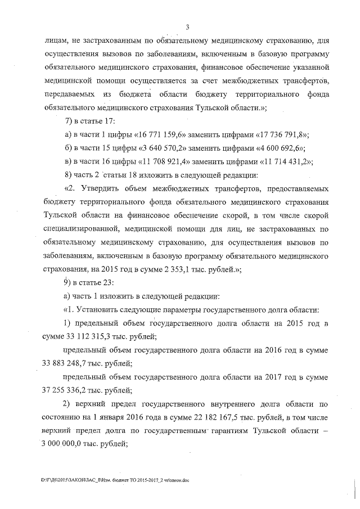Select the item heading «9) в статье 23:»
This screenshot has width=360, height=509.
90,282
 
